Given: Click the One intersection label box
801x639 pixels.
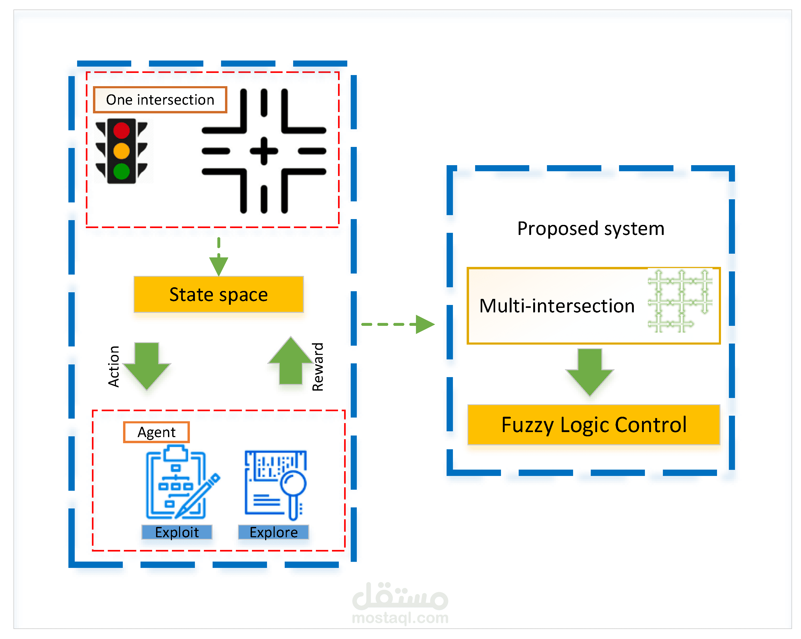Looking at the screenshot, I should tap(160, 100).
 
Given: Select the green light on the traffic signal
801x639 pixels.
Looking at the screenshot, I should tap(121, 171).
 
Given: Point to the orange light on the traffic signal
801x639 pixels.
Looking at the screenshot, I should tap(121, 151).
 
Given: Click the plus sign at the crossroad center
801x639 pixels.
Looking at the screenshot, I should tap(264, 151).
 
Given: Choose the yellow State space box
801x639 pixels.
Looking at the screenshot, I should tap(218, 294).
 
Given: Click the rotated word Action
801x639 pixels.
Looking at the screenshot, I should tap(114, 366).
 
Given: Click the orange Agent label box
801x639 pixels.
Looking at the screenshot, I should tap(156, 432).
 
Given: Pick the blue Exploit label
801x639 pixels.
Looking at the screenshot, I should tap(177, 532).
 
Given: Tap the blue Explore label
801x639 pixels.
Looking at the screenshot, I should tap(273, 532).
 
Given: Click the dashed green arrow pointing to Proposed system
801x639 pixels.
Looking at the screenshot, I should tap(397, 324).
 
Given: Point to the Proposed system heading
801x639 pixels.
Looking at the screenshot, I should tap(591, 228).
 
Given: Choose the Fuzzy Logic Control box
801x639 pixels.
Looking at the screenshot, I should tap(594, 424).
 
